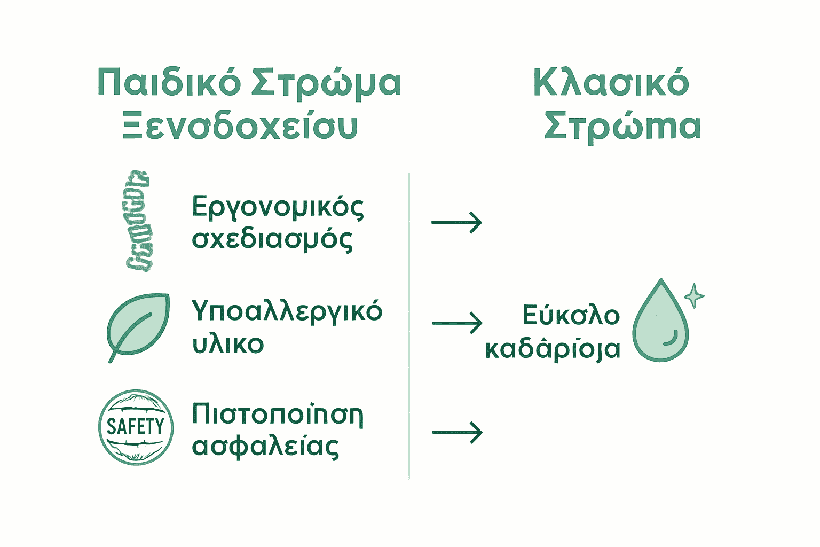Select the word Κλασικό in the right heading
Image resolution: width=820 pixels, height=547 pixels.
(x=611, y=83)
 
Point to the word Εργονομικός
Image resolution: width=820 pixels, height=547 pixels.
(x=278, y=207)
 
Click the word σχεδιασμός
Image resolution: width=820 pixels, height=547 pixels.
(x=272, y=239)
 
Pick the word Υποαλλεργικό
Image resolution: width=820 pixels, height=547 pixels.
(x=287, y=311)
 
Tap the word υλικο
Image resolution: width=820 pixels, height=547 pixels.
(x=228, y=344)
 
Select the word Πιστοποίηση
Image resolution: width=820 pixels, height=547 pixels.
(x=278, y=415)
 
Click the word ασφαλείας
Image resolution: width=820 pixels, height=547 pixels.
(x=265, y=447)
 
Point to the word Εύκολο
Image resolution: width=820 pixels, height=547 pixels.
(x=571, y=315)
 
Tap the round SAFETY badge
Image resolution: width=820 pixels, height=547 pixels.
(x=136, y=427)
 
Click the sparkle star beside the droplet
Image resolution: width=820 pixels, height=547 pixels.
(x=694, y=295)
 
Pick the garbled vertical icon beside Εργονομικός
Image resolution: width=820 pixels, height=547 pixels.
(x=138, y=221)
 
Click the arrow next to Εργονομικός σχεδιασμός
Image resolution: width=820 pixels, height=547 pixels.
(x=456, y=222)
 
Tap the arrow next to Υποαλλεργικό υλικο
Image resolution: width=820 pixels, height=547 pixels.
(x=456, y=323)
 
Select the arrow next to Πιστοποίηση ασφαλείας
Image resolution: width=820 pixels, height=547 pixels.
(x=456, y=432)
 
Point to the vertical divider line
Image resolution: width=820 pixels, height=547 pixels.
(x=409, y=326)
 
